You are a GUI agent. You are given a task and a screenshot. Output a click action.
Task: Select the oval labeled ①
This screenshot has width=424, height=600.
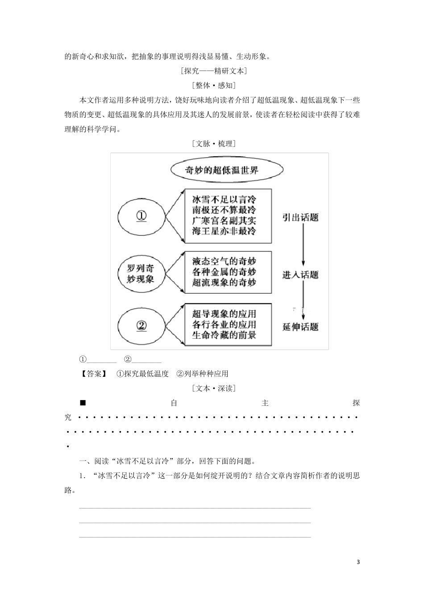coord(141,216)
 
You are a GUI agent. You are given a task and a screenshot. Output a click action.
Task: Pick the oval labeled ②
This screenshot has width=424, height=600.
coord(141,325)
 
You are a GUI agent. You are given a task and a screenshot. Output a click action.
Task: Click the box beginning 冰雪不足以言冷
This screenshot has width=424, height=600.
coord(228,215)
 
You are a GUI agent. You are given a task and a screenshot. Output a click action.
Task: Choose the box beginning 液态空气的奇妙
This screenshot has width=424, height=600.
coord(228,272)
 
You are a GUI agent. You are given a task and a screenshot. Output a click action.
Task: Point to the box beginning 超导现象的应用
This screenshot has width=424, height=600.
coord(228,324)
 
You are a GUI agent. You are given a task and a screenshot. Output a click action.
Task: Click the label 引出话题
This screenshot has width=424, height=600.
coord(300,217)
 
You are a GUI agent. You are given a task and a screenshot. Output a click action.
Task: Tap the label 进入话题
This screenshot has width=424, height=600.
coord(300,274)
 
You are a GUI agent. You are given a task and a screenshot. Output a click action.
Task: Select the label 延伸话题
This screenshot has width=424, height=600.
coord(300,327)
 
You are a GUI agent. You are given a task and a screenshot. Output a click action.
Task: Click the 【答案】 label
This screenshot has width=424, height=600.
coord(93,374)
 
